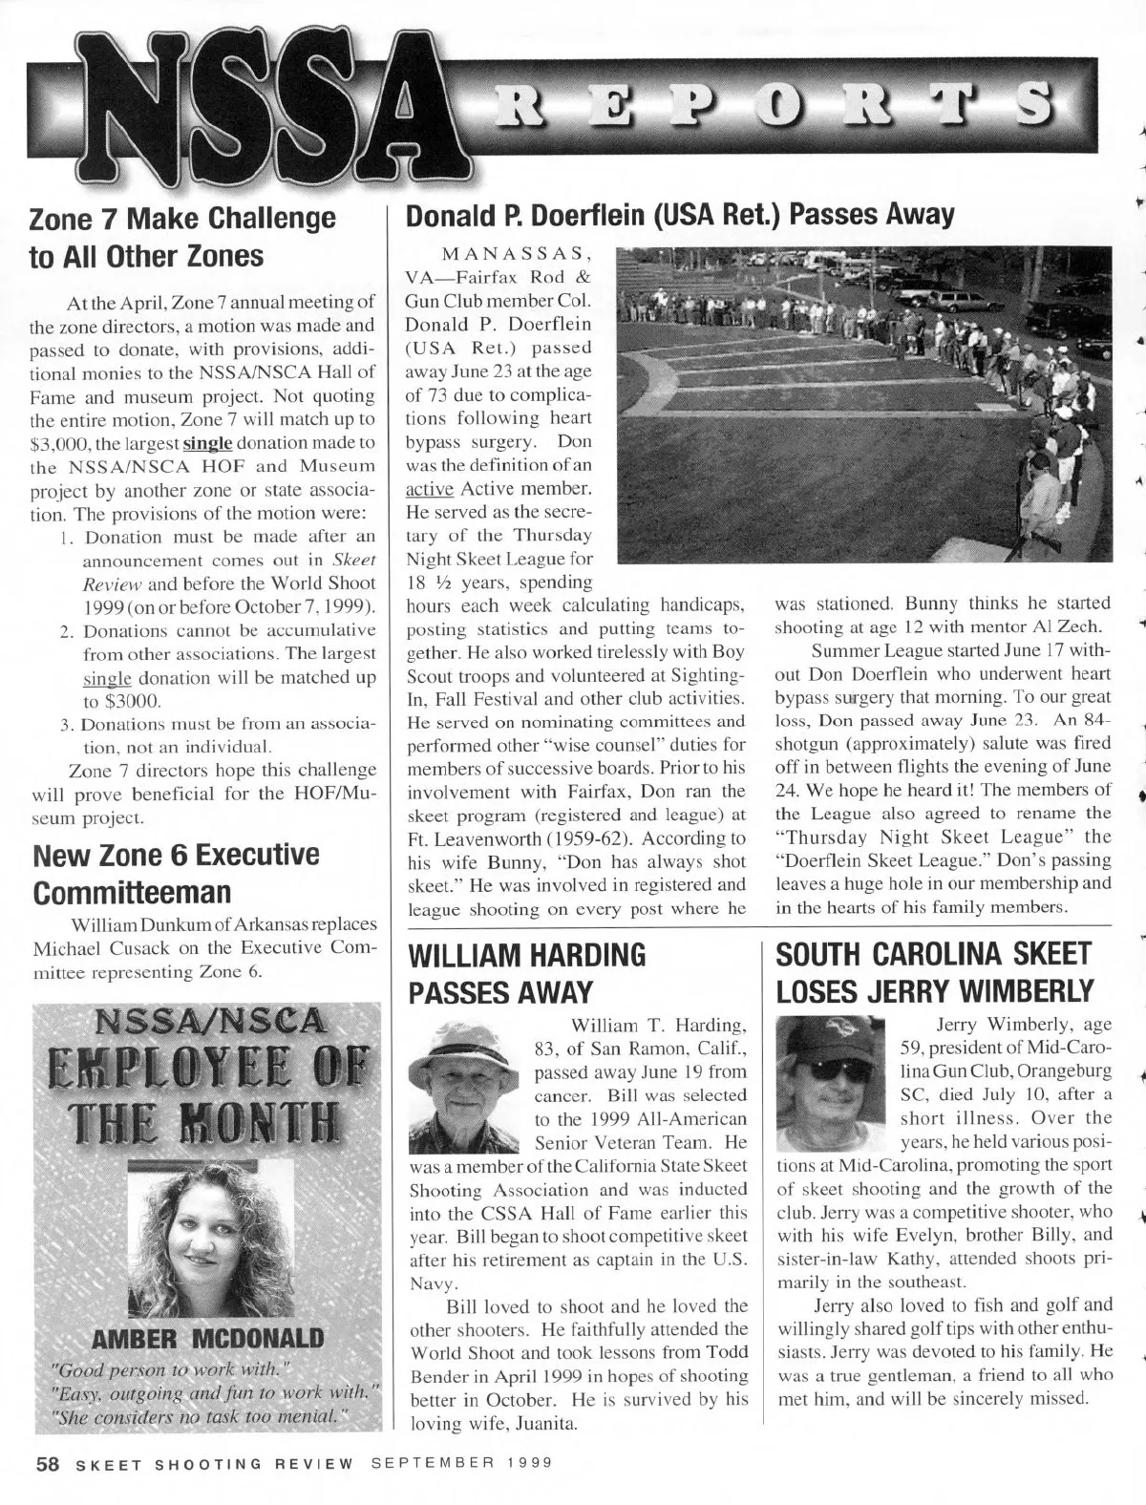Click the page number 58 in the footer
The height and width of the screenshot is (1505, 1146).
[48, 1463]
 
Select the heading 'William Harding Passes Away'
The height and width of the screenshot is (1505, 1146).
[526, 974]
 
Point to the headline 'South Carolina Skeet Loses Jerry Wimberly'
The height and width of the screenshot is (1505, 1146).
[934, 974]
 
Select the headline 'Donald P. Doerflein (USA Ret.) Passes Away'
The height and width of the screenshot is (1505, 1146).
[680, 216]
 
